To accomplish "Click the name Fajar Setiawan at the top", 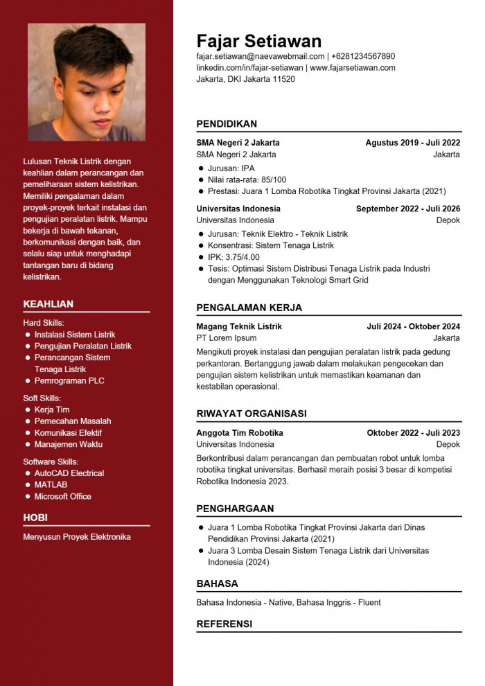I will [258, 40].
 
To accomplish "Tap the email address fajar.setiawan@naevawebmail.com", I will [261, 56].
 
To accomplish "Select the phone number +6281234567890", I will [363, 56].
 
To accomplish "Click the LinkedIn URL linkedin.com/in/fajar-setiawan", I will [249, 68].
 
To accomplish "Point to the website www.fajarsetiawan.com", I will [353, 68].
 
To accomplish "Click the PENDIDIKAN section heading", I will [227, 124].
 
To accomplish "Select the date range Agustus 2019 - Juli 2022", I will [413, 143].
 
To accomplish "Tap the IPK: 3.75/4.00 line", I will [233, 257].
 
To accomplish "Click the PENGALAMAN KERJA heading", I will [249, 308].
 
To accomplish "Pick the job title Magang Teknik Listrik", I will [239, 326].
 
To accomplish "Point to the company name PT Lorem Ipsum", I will [226, 338].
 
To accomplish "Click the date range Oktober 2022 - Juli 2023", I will [414, 433].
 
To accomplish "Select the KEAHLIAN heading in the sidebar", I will [48, 304].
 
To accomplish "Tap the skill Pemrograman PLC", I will [69, 380].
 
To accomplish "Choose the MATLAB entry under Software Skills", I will [51, 484].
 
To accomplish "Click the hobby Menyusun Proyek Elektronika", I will [76, 537].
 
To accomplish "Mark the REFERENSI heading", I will [224, 624].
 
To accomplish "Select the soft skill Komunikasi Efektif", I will [68, 432].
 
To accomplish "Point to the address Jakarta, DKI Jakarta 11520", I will [245, 79].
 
